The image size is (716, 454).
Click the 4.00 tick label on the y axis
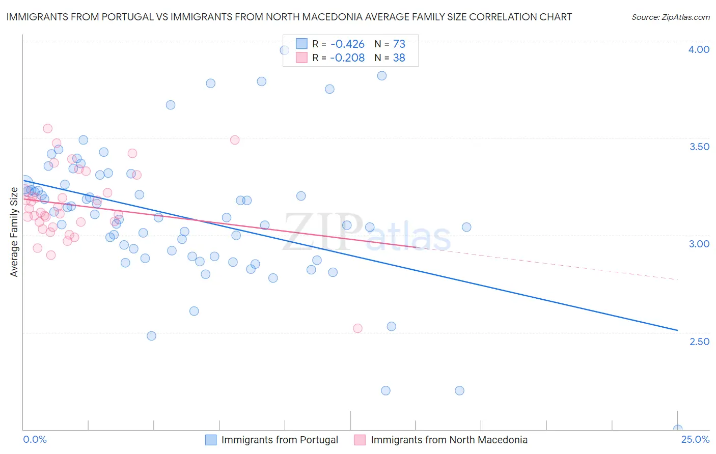(699, 49)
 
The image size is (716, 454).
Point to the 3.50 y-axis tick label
(699, 147)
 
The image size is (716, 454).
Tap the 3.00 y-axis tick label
(699, 244)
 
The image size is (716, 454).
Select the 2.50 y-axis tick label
(699, 342)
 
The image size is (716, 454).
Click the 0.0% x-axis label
(35, 439)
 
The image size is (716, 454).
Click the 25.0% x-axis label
(695, 439)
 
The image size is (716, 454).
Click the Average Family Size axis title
(14, 232)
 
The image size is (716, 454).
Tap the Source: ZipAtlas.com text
(670, 17)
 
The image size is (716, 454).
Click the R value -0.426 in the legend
(347, 44)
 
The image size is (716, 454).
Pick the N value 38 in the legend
(399, 58)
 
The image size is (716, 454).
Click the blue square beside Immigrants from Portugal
(211, 440)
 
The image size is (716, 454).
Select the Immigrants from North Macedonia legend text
(449, 440)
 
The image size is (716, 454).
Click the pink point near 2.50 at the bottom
(357, 328)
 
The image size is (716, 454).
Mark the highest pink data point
(47, 128)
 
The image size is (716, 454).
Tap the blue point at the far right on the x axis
(677, 429)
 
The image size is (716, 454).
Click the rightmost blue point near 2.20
(459, 391)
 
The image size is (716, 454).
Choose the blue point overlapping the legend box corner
(285, 50)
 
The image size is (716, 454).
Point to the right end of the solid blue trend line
(677, 330)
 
